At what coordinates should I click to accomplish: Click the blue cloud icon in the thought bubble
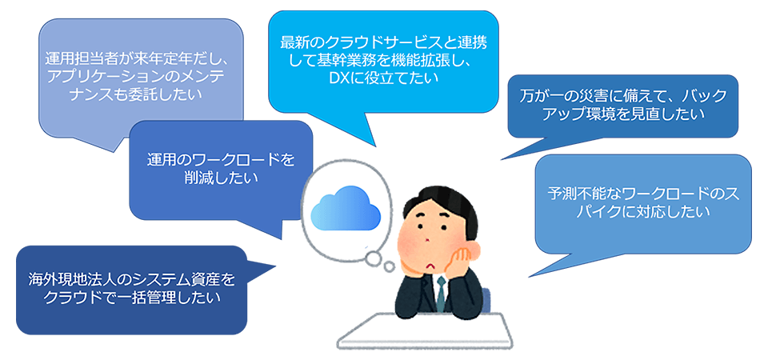(x=346, y=208)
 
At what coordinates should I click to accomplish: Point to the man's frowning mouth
(x=431, y=266)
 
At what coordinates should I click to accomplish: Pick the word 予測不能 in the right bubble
(x=577, y=194)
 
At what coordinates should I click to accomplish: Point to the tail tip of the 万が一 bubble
(x=501, y=159)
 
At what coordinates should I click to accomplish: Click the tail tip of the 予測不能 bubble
(x=529, y=277)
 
